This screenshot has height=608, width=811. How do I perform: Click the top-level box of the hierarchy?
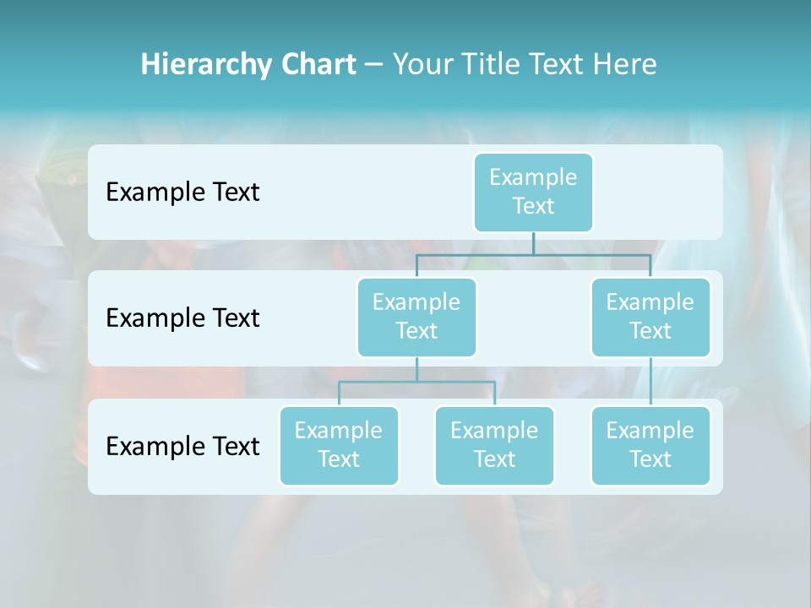coord(533,192)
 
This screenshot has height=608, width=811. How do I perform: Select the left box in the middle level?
coord(416,317)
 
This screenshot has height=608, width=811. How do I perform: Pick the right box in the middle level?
coord(650,317)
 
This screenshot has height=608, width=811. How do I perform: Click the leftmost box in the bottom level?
coord(339,445)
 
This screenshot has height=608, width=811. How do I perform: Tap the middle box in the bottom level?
coord(494,445)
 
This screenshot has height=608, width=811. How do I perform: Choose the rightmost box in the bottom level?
coord(650,445)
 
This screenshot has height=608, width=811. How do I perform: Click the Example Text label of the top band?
coord(182,192)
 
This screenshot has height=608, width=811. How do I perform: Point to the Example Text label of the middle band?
coord(182,318)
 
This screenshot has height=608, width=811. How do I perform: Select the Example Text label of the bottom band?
coord(182,446)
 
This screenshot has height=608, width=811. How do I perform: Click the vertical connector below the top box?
coord(533,243)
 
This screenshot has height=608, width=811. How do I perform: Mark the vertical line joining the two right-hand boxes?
coord(650,382)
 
